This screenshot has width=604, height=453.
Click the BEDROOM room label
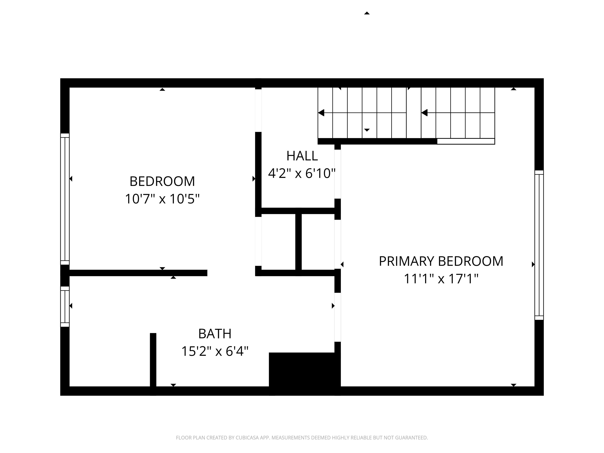(162, 181)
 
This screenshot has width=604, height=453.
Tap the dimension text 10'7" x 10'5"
(162, 199)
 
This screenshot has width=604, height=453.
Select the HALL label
(302, 156)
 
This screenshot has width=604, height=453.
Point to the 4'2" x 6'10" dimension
(301, 173)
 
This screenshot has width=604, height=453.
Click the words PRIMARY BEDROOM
(441, 261)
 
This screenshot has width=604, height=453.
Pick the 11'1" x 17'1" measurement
(441, 279)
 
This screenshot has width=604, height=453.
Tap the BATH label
(215, 334)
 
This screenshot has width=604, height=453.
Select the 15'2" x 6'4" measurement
(215, 351)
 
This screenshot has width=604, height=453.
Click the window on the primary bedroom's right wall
(539, 245)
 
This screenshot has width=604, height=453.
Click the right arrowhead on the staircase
(424, 112)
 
